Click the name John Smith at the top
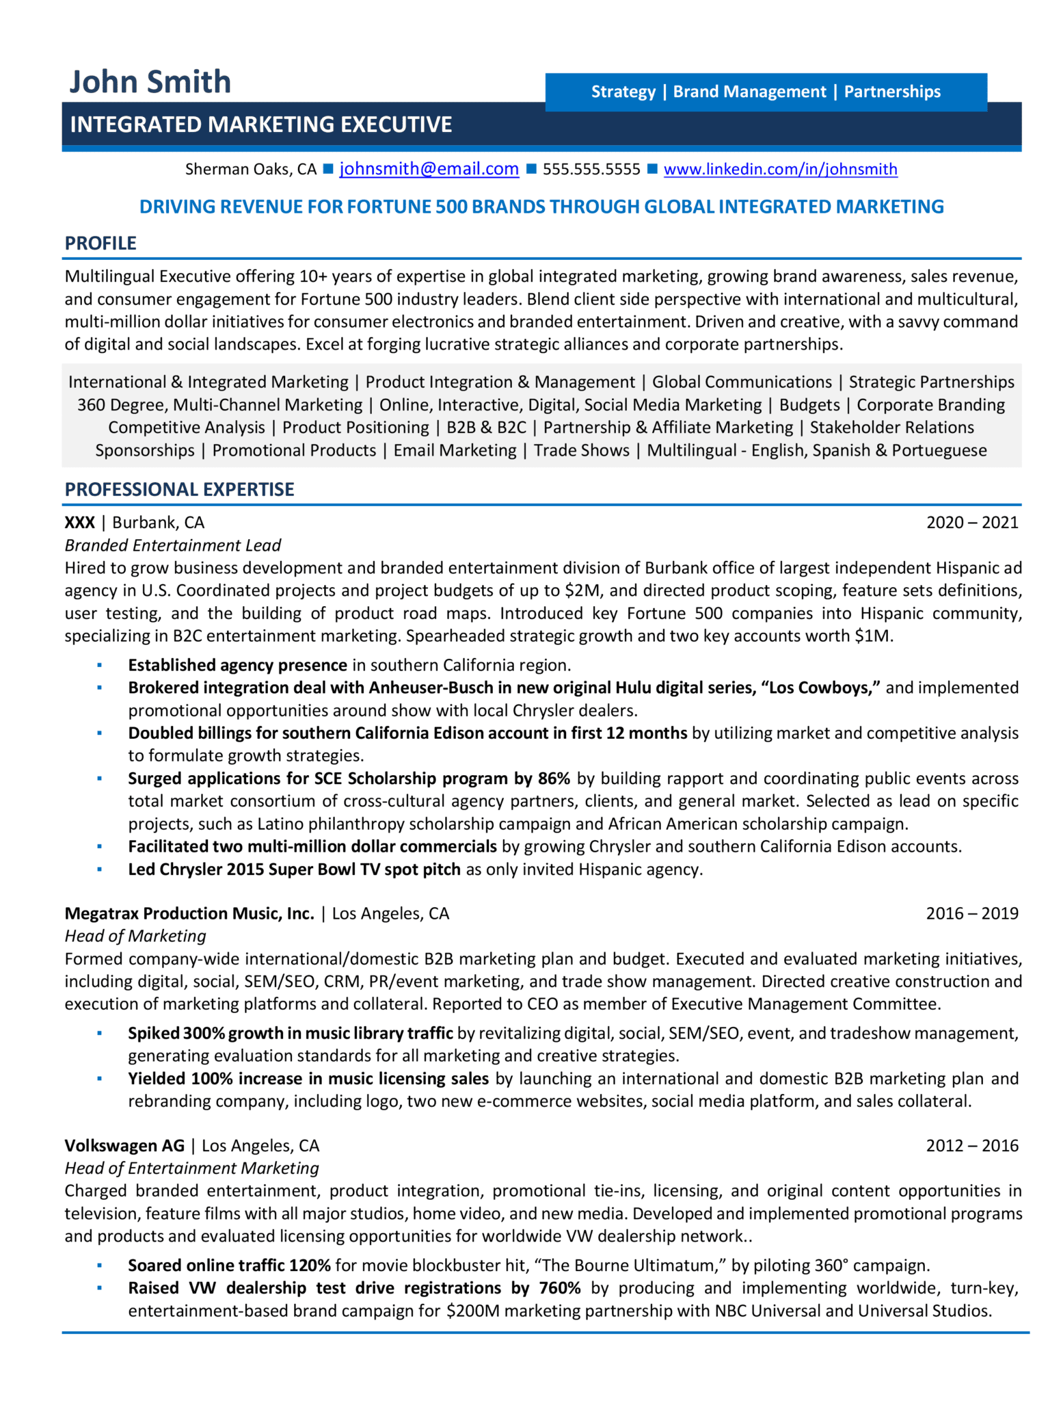(x=150, y=82)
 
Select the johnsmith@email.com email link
(x=429, y=169)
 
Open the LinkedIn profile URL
(x=780, y=169)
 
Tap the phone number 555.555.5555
(x=591, y=169)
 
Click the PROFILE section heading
(x=100, y=244)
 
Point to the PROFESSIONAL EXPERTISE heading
(x=179, y=489)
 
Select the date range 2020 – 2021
(x=971, y=523)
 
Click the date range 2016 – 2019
(x=971, y=913)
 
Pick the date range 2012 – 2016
(x=971, y=1145)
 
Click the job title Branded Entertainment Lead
(x=172, y=545)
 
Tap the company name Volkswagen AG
(x=124, y=1145)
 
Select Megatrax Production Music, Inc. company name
(x=189, y=913)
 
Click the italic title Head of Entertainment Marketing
(x=191, y=1168)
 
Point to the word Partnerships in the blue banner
(x=892, y=92)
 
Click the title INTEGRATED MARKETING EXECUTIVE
(x=261, y=125)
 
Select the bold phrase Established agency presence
(x=237, y=665)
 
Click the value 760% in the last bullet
(x=559, y=1288)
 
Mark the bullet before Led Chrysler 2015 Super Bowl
(x=100, y=869)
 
